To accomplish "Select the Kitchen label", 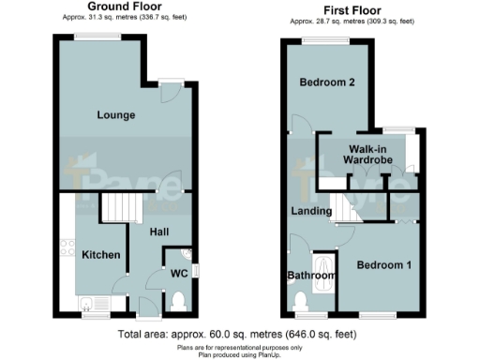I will (99, 254).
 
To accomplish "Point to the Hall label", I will (158, 231).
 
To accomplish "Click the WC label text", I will (156, 274).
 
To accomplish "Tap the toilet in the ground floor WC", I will (179, 299).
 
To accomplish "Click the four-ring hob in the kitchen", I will (67, 248).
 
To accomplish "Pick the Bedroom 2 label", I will (326, 82).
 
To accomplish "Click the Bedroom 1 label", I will (382, 264).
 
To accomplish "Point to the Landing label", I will (310, 210).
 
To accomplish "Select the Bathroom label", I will (310, 276).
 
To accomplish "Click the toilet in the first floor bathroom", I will (301, 300).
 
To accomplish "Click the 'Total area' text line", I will (237, 334).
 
